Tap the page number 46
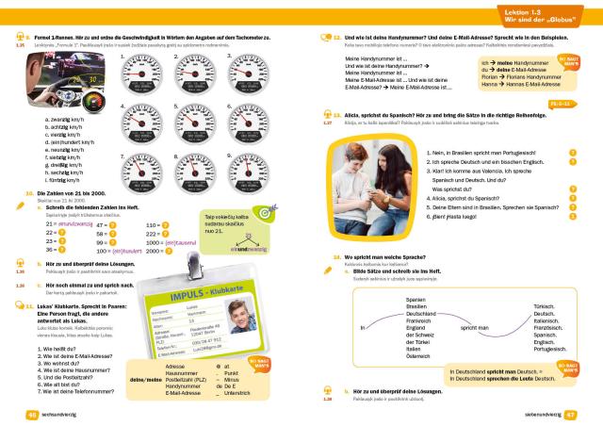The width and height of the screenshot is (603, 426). coord(31,415)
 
